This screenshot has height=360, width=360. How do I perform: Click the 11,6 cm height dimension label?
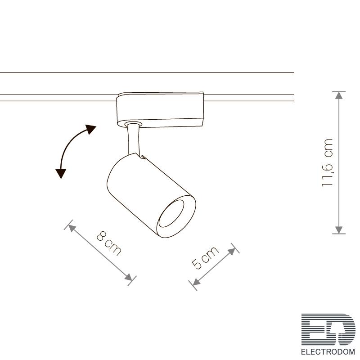[328, 163]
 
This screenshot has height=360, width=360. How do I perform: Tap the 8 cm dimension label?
[109, 243]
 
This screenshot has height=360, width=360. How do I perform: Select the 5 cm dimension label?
[205, 257]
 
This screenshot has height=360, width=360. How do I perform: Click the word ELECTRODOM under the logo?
[328, 351]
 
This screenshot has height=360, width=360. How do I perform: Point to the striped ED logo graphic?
[328, 329]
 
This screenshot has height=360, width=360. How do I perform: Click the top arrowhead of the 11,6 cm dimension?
[339, 95]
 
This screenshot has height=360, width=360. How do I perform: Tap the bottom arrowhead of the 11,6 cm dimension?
[339, 230]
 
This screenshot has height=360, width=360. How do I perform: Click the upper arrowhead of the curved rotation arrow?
[91, 129]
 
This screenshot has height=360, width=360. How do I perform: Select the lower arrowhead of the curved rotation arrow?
[61, 173]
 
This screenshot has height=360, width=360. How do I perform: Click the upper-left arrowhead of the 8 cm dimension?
[72, 228]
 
